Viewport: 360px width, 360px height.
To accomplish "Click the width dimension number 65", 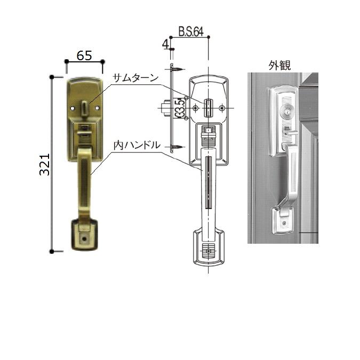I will click(84, 55).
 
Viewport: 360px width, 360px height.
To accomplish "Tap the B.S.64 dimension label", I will click(191, 33).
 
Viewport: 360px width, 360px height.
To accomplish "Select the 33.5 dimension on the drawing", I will click(181, 108).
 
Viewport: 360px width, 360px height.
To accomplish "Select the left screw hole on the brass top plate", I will click(74, 107).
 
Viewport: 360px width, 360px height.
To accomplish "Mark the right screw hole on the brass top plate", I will click(97, 107).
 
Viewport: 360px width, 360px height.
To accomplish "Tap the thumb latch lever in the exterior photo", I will click(286, 131).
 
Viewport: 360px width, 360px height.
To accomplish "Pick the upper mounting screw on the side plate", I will click(177, 69).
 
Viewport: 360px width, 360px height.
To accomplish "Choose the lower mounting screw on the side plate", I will click(177, 146).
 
